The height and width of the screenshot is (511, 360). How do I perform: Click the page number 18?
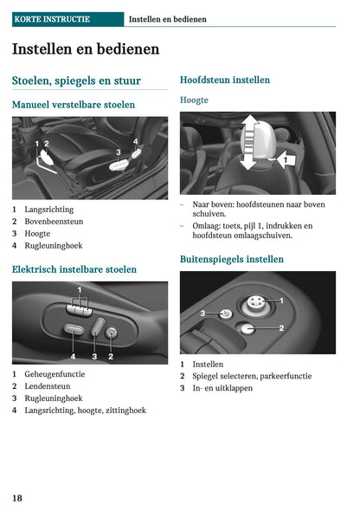pos(17,498)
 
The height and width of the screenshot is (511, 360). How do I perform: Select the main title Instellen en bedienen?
pos(86,49)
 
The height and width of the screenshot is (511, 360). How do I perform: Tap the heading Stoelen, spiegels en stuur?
pos(76,81)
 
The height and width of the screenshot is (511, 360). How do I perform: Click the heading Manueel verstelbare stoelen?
pos(74,105)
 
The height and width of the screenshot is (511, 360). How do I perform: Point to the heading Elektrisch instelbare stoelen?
pos(74,269)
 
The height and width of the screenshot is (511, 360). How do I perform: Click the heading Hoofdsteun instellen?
pos(224,80)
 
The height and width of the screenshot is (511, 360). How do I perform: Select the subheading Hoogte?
pos(194,100)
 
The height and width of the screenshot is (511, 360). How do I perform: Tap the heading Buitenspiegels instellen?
pos(231,259)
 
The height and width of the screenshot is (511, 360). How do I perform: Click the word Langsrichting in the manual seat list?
pos(48,210)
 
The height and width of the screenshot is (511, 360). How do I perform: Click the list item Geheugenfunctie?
pos(55,374)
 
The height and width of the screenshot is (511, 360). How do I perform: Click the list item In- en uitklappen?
pos(222,389)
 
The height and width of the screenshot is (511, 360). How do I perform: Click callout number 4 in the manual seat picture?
pos(135,140)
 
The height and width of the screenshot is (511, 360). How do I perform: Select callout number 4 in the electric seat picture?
pos(73,355)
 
